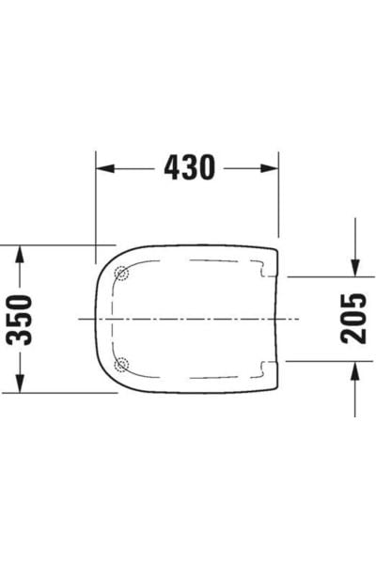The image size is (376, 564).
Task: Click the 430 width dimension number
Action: (189, 167)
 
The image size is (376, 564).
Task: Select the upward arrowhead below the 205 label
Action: (354, 369)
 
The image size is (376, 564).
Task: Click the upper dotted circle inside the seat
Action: (120, 274)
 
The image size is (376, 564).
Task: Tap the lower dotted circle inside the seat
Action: (120, 364)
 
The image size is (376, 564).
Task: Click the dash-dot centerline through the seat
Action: (188, 319)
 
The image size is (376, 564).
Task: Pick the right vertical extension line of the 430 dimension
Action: (279, 197)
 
